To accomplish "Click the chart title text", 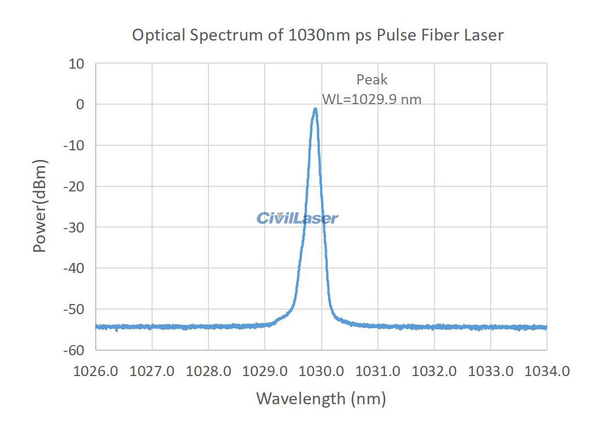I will point(317,35).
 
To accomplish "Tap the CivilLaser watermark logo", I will point(297,218).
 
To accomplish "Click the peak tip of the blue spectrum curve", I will point(315,109).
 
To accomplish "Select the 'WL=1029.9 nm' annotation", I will point(371,100).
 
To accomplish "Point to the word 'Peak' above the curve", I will point(372,80).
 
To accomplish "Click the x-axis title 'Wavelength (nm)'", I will point(321,399).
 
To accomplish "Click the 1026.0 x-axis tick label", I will point(96,372).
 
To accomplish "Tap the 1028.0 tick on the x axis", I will point(208,372).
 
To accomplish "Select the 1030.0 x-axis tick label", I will point(321,372).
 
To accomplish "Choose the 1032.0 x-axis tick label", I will point(434,372).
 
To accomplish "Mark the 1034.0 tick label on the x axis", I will point(546,372).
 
